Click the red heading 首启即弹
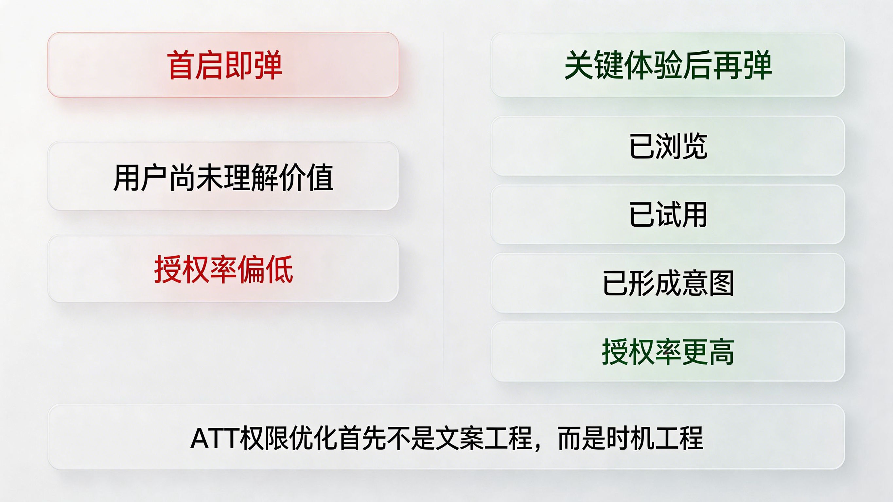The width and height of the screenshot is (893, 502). [224, 65]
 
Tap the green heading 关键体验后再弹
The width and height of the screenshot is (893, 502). [668, 65]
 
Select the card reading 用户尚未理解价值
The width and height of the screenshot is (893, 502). [223, 176]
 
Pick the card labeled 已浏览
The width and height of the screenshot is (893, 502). [668, 146]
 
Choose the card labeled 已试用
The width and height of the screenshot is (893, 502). [668, 215]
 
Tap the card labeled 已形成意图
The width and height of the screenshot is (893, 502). [668, 283]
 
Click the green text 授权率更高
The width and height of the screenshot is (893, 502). [668, 352]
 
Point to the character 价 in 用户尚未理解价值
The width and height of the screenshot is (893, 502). [292, 178]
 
